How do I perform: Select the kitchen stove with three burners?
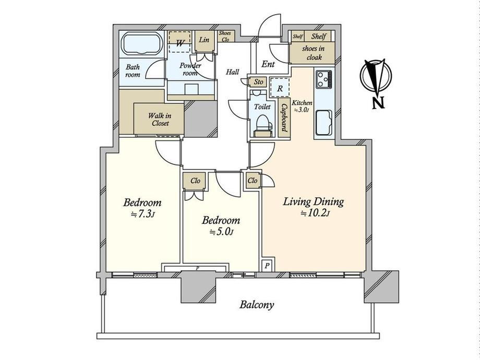[x=324, y=79]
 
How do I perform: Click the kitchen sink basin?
[x=323, y=122]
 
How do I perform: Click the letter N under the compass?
[x=378, y=103]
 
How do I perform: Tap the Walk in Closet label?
[x=160, y=119]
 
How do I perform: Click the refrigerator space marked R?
[x=280, y=88]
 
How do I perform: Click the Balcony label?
[x=257, y=305]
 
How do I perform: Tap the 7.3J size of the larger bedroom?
[x=142, y=214]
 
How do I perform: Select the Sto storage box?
[x=258, y=82]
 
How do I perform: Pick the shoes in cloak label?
[x=313, y=53]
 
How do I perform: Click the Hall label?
[x=232, y=72]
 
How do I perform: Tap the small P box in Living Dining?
[x=267, y=266]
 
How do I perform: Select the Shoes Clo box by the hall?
[x=226, y=37]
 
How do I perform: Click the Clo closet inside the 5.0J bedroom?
[x=195, y=181]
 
